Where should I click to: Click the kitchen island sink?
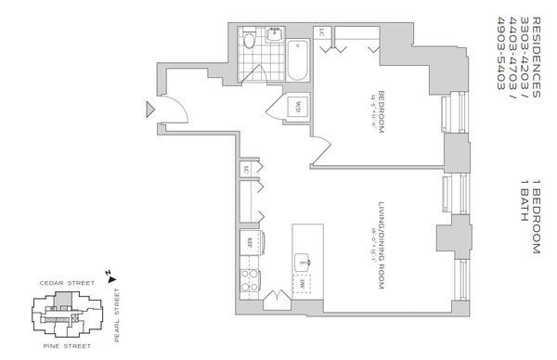point(301,260)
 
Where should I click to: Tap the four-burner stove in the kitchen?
point(250,277)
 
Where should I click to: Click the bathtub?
point(296,59)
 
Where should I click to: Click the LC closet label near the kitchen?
point(247,169)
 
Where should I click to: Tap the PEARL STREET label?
point(117,315)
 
